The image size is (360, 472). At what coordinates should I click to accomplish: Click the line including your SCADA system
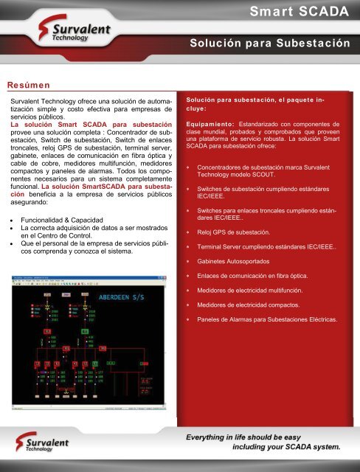pos(286,446)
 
